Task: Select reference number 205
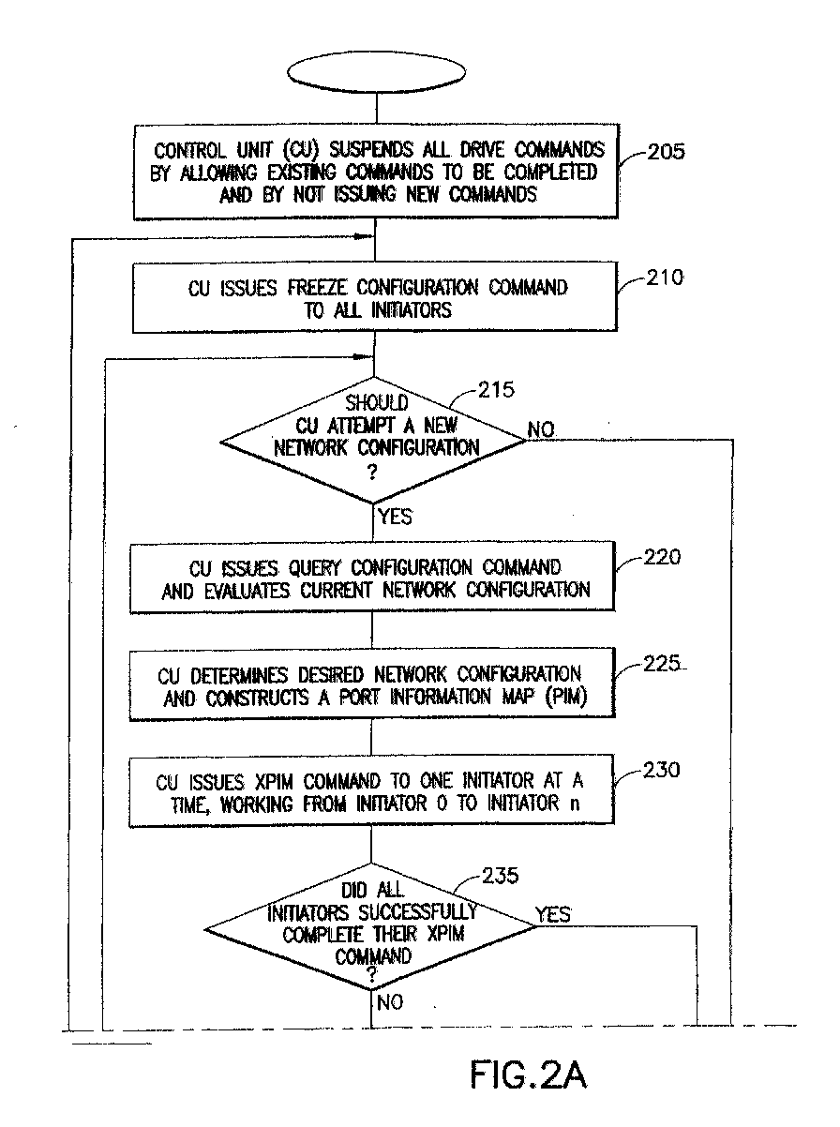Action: (x=665, y=152)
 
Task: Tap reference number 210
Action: (x=665, y=278)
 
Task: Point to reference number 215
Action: (x=496, y=390)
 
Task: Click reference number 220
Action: (x=662, y=557)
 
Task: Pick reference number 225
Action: (x=662, y=664)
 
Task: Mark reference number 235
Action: (x=501, y=876)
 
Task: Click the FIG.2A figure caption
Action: (x=528, y=1074)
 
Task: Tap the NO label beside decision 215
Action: (x=541, y=429)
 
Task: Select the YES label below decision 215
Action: (x=395, y=517)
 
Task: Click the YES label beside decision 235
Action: (x=552, y=914)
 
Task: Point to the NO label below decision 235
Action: (x=390, y=1001)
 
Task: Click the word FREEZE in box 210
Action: (x=318, y=288)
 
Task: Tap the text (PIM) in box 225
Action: (x=566, y=697)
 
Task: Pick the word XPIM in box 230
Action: (x=274, y=783)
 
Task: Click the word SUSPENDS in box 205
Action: (x=371, y=149)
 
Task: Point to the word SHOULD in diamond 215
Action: (x=377, y=402)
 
